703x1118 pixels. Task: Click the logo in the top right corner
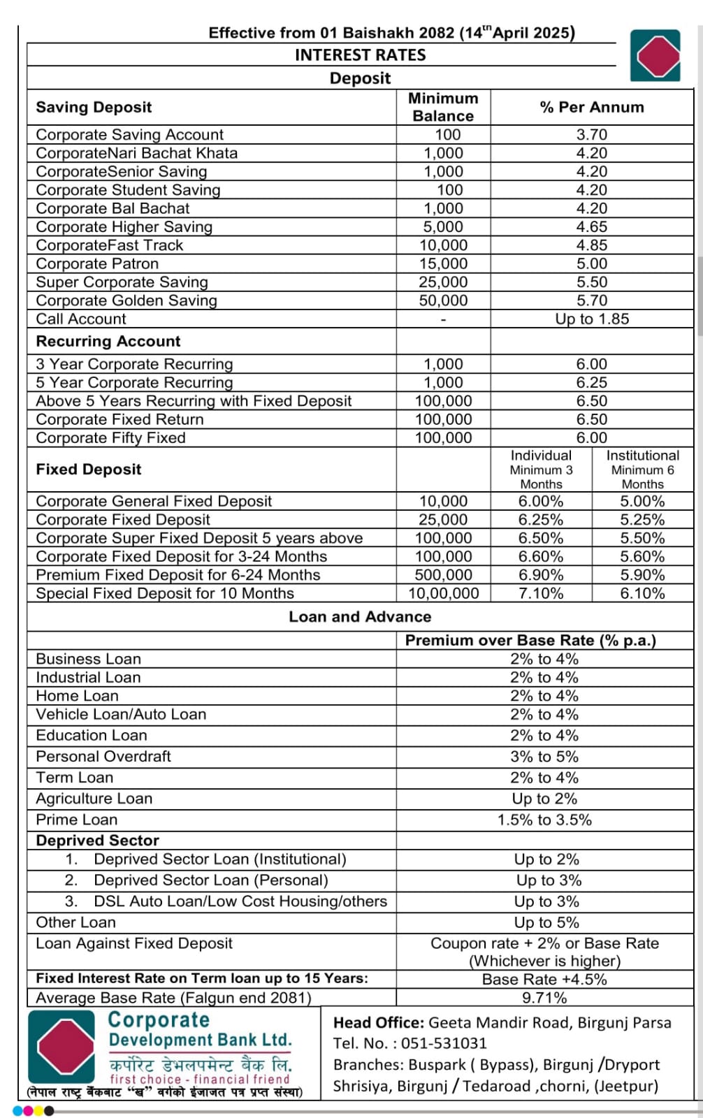(655, 55)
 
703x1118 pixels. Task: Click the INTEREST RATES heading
(360, 55)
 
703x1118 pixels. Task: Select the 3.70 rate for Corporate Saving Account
(591, 135)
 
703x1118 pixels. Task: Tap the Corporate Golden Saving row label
(126, 300)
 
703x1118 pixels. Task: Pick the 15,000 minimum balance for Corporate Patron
(443, 263)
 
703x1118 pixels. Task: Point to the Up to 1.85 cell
(591, 319)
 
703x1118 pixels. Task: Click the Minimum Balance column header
(443, 107)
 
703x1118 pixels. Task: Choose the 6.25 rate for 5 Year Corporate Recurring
(591, 383)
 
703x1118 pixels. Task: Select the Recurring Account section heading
(108, 341)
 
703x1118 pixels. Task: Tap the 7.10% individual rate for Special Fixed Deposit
(540, 594)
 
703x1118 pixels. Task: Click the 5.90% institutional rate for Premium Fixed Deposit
(642, 575)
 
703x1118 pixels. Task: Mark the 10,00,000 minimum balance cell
(443, 594)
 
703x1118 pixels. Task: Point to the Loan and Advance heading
(360, 617)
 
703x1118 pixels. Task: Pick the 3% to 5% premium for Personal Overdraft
(544, 757)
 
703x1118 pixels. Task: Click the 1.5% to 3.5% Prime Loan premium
(544, 820)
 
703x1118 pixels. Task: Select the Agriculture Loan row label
(94, 799)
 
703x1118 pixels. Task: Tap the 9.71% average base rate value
(544, 998)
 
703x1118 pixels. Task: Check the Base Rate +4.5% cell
(544, 980)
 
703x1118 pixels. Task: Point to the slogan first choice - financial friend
(200, 1079)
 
